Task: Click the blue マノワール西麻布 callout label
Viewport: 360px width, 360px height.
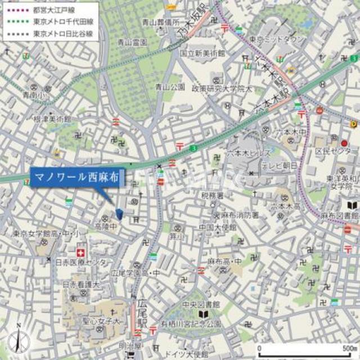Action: pos(75,177)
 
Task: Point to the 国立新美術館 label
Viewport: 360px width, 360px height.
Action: pos(202,52)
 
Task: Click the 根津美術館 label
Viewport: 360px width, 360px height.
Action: pos(53,119)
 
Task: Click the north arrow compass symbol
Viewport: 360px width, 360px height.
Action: pos(19,340)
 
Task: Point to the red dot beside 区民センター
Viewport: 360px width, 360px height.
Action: pos(344,143)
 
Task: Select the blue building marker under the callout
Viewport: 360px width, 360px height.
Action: pos(119,213)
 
